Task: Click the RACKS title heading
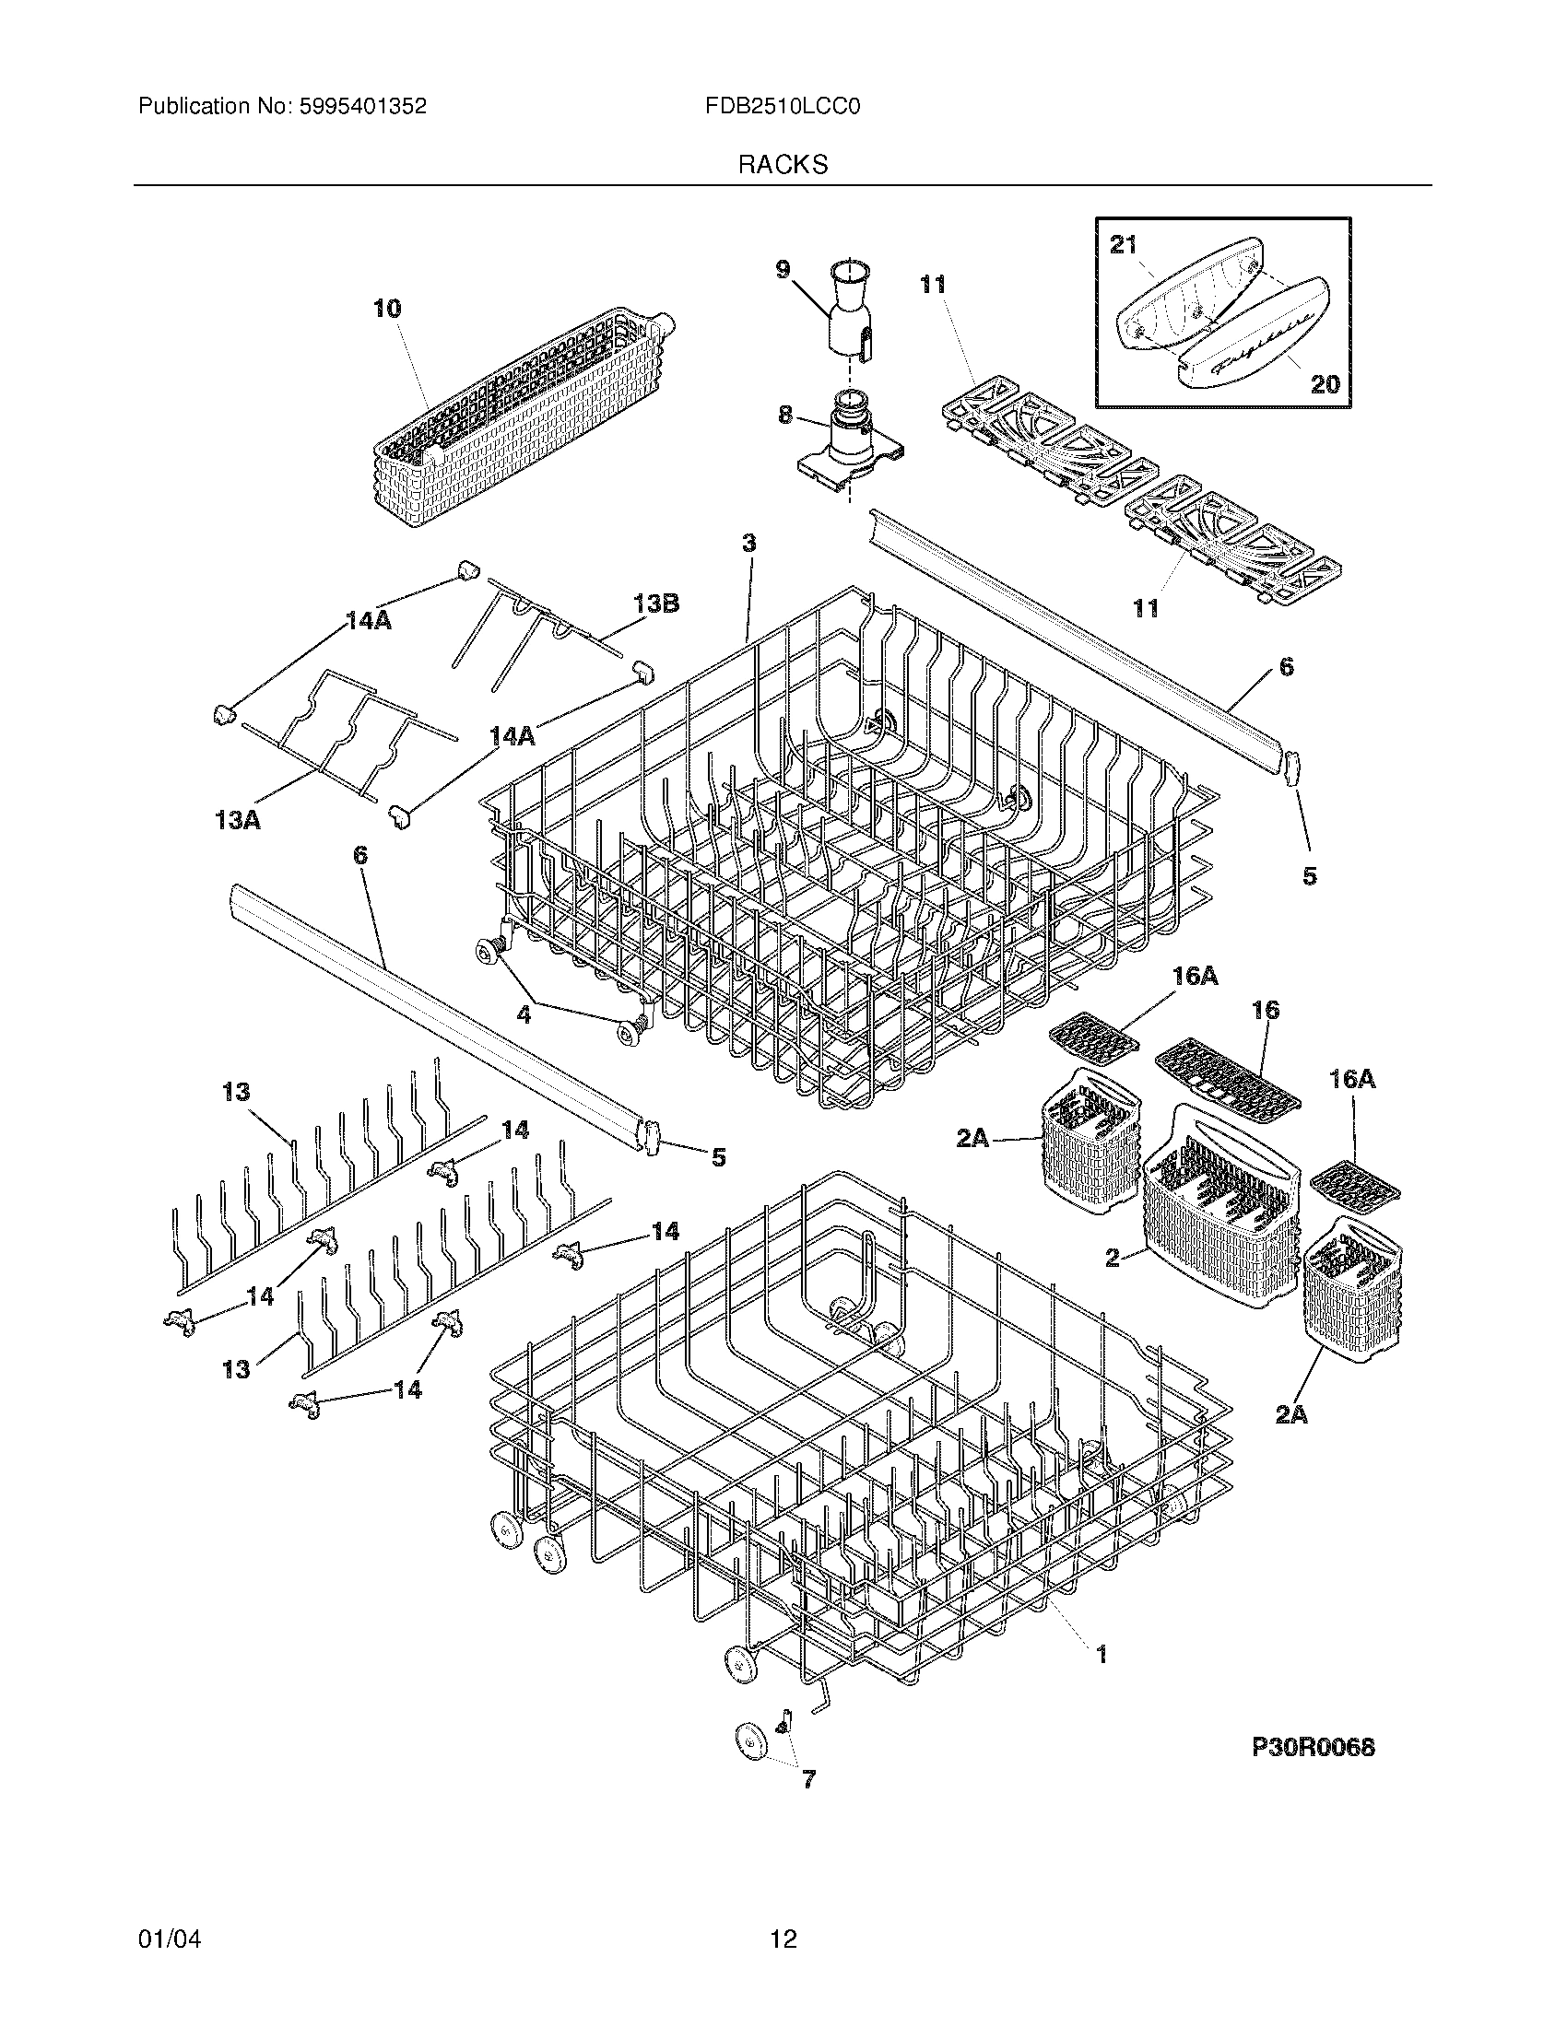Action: coord(783,165)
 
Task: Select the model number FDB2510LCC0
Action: coord(783,107)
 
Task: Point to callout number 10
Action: coord(387,309)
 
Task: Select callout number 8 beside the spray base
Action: coord(785,415)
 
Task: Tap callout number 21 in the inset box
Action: coord(1124,245)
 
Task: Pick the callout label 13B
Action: coord(656,604)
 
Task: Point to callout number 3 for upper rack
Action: coord(748,543)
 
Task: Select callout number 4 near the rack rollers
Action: coord(524,1015)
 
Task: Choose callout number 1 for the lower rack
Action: coord(1102,1654)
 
